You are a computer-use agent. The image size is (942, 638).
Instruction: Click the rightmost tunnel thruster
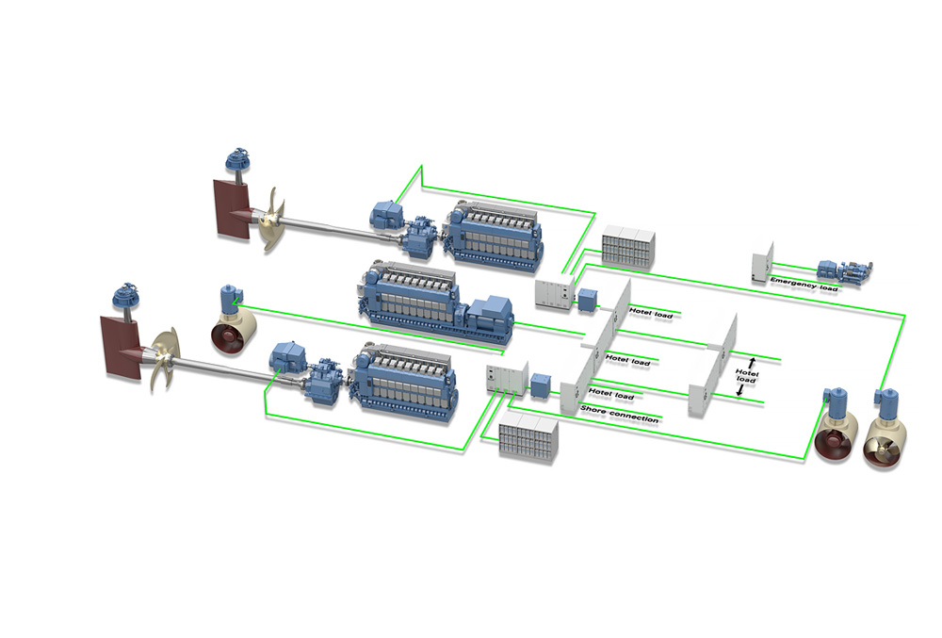884,434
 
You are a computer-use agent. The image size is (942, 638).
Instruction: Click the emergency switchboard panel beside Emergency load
763,263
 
